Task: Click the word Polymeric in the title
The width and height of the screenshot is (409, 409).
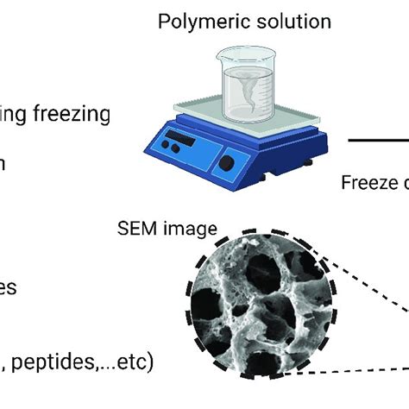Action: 190,20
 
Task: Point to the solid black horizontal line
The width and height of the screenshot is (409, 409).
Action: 378,139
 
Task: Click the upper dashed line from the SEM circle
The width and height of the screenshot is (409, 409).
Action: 362,277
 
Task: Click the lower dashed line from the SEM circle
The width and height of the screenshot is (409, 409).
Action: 362,370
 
